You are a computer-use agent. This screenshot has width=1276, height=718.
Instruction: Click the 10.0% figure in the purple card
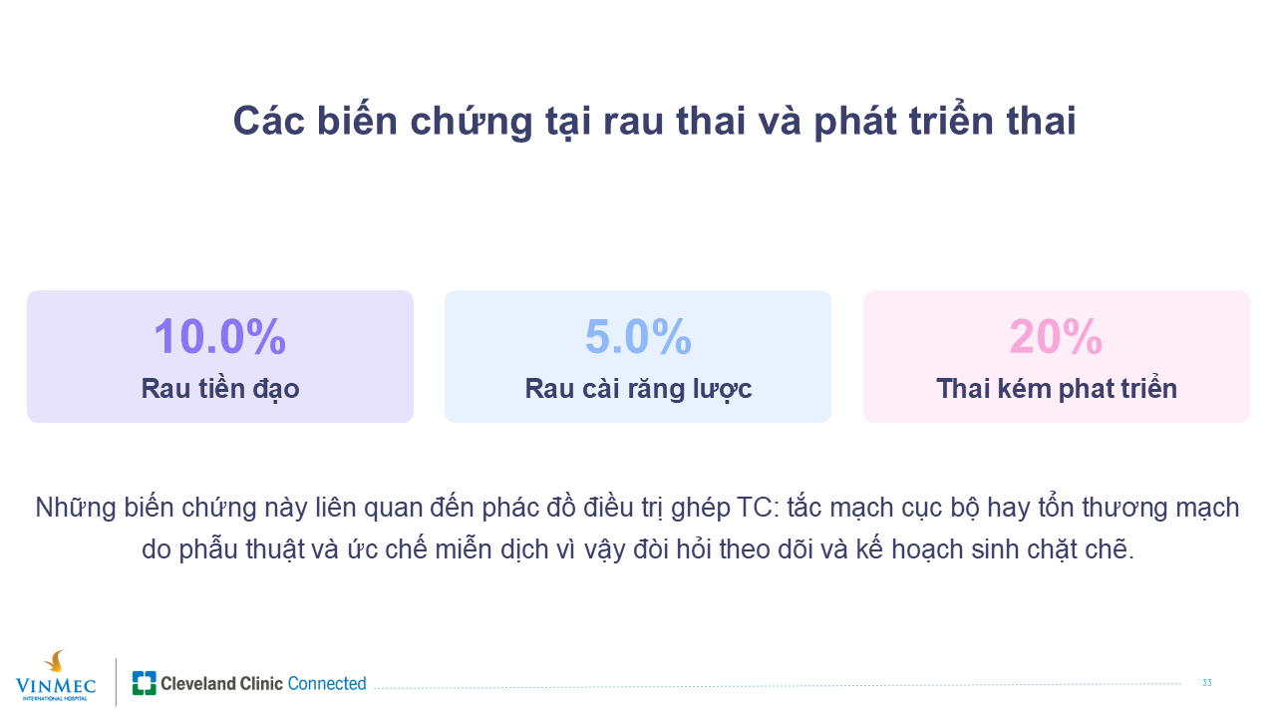pyautogui.click(x=220, y=337)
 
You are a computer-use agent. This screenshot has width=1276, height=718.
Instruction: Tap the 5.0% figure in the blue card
pyautogui.click(x=638, y=337)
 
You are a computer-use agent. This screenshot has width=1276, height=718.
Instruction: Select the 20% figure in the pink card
pyautogui.click(x=1056, y=337)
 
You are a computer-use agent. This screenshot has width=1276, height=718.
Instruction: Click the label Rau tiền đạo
pyautogui.click(x=220, y=389)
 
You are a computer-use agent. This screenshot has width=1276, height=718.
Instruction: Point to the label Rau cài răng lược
pyautogui.click(x=638, y=389)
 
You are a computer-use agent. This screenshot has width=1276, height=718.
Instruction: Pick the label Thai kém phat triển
pyautogui.click(x=1057, y=389)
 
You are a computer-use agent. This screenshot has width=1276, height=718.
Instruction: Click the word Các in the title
pyautogui.click(x=269, y=121)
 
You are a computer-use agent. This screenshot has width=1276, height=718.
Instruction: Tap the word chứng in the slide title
pyautogui.click(x=472, y=122)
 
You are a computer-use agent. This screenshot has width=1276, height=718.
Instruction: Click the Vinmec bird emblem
pyautogui.click(x=55, y=661)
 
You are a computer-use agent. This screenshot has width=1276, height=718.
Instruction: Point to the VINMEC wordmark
pyautogui.click(x=56, y=685)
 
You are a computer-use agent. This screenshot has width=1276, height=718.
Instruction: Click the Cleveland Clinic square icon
pyautogui.click(x=145, y=683)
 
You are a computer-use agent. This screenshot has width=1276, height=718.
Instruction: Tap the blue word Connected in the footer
pyautogui.click(x=327, y=683)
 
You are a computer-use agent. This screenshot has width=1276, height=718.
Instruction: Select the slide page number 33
pyautogui.click(x=1206, y=683)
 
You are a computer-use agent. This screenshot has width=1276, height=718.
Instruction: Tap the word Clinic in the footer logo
pyautogui.click(x=261, y=683)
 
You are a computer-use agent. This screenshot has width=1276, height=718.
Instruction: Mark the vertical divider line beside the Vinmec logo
pyautogui.click(x=117, y=682)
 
